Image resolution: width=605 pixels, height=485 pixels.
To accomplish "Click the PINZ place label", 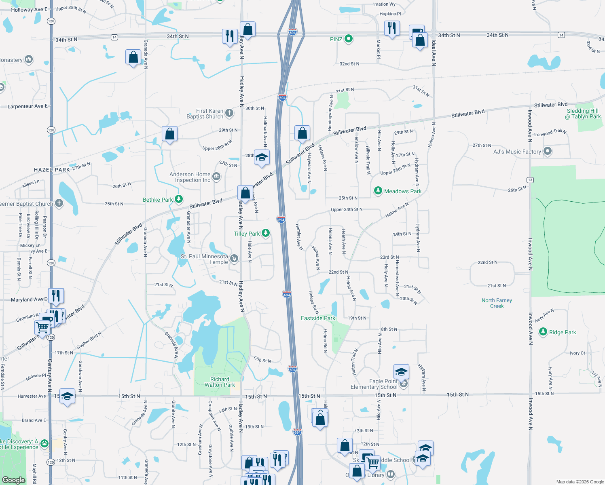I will (x=336, y=39).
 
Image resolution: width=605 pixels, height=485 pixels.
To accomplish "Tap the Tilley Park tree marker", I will (x=266, y=233).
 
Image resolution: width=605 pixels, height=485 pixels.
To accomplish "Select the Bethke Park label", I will (x=158, y=200).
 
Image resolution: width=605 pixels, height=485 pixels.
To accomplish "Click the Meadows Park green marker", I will (x=378, y=190).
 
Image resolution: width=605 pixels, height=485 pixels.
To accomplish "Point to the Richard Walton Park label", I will (x=220, y=382).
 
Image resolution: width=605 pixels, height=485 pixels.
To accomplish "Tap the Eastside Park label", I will (x=318, y=318).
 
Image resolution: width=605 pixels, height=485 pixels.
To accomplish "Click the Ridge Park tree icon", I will (x=543, y=332).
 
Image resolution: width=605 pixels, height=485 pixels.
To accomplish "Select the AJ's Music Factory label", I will (x=517, y=152).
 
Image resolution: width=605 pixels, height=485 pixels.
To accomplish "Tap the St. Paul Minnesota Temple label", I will (x=205, y=259).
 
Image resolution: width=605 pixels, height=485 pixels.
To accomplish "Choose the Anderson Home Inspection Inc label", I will (x=190, y=177).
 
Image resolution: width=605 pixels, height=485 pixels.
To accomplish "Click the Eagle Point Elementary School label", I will (x=374, y=384).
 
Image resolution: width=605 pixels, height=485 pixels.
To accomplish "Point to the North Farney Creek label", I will (x=497, y=303).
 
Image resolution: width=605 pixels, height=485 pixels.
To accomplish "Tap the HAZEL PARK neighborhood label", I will (x=52, y=170).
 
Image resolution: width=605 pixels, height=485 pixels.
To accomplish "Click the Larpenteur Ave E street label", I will (x=27, y=106).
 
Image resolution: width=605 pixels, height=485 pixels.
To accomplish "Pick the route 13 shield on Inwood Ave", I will (x=530, y=180).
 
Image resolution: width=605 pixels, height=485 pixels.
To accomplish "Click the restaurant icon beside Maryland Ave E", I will (x=56, y=295).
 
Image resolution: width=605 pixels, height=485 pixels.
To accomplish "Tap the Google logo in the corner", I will (x=14, y=480).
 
